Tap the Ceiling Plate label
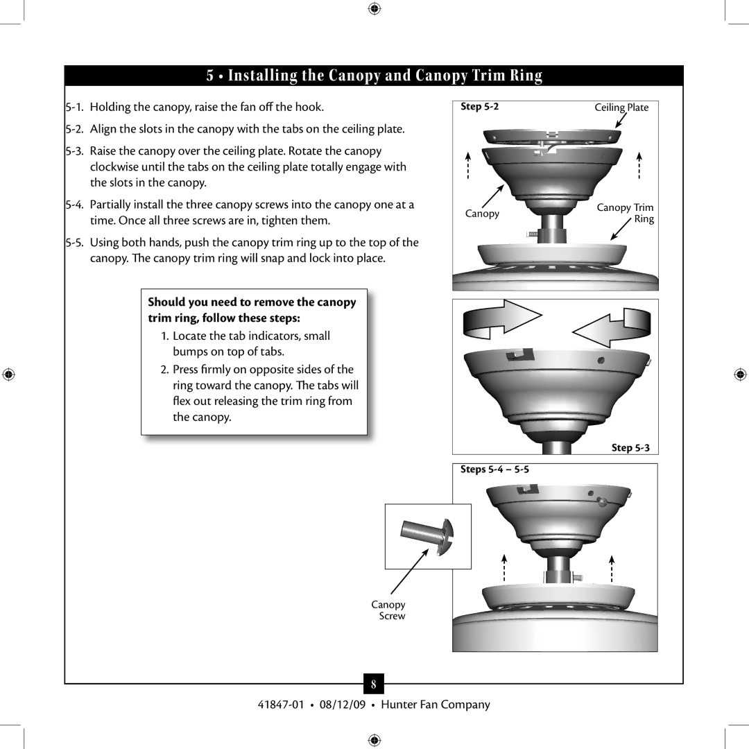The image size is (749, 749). coord(621,107)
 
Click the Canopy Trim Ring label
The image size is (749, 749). coord(626,213)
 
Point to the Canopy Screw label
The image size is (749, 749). coord(389,610)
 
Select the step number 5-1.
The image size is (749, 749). coord(77,107)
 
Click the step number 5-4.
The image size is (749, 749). coord(77,205)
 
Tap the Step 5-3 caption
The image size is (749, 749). coord(630,448)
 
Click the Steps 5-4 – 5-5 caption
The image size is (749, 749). coord(495,470)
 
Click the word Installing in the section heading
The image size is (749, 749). coord(270,76)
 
